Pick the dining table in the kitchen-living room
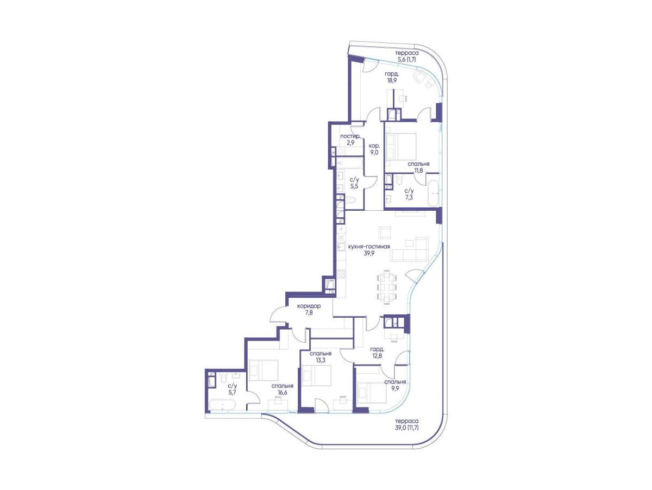click(x=387, y=287)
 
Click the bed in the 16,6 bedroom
click(x=264, y=370)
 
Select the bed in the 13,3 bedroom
click(x=316, y=376)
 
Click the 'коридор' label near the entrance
click(x=309, y=306)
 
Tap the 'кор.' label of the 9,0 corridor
click(x=374, y=146)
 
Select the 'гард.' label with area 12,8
click(x=377, y=349)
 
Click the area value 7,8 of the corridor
click(x=309, y=312)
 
